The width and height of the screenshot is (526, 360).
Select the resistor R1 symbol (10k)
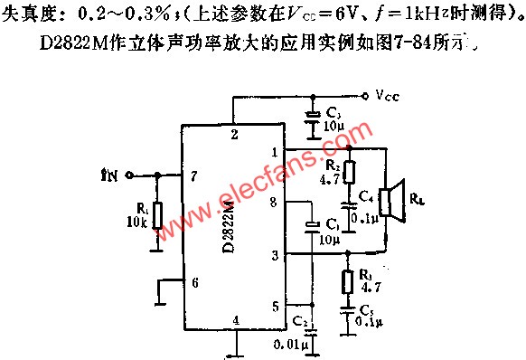[157, 213]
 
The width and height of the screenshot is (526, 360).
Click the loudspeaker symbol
[390, 202]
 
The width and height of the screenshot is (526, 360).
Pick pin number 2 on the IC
[234, 135]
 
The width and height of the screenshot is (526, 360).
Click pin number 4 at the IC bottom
[236, 319]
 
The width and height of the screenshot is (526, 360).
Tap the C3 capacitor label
[334, 111]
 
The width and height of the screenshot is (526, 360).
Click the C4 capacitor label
[364, 195]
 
